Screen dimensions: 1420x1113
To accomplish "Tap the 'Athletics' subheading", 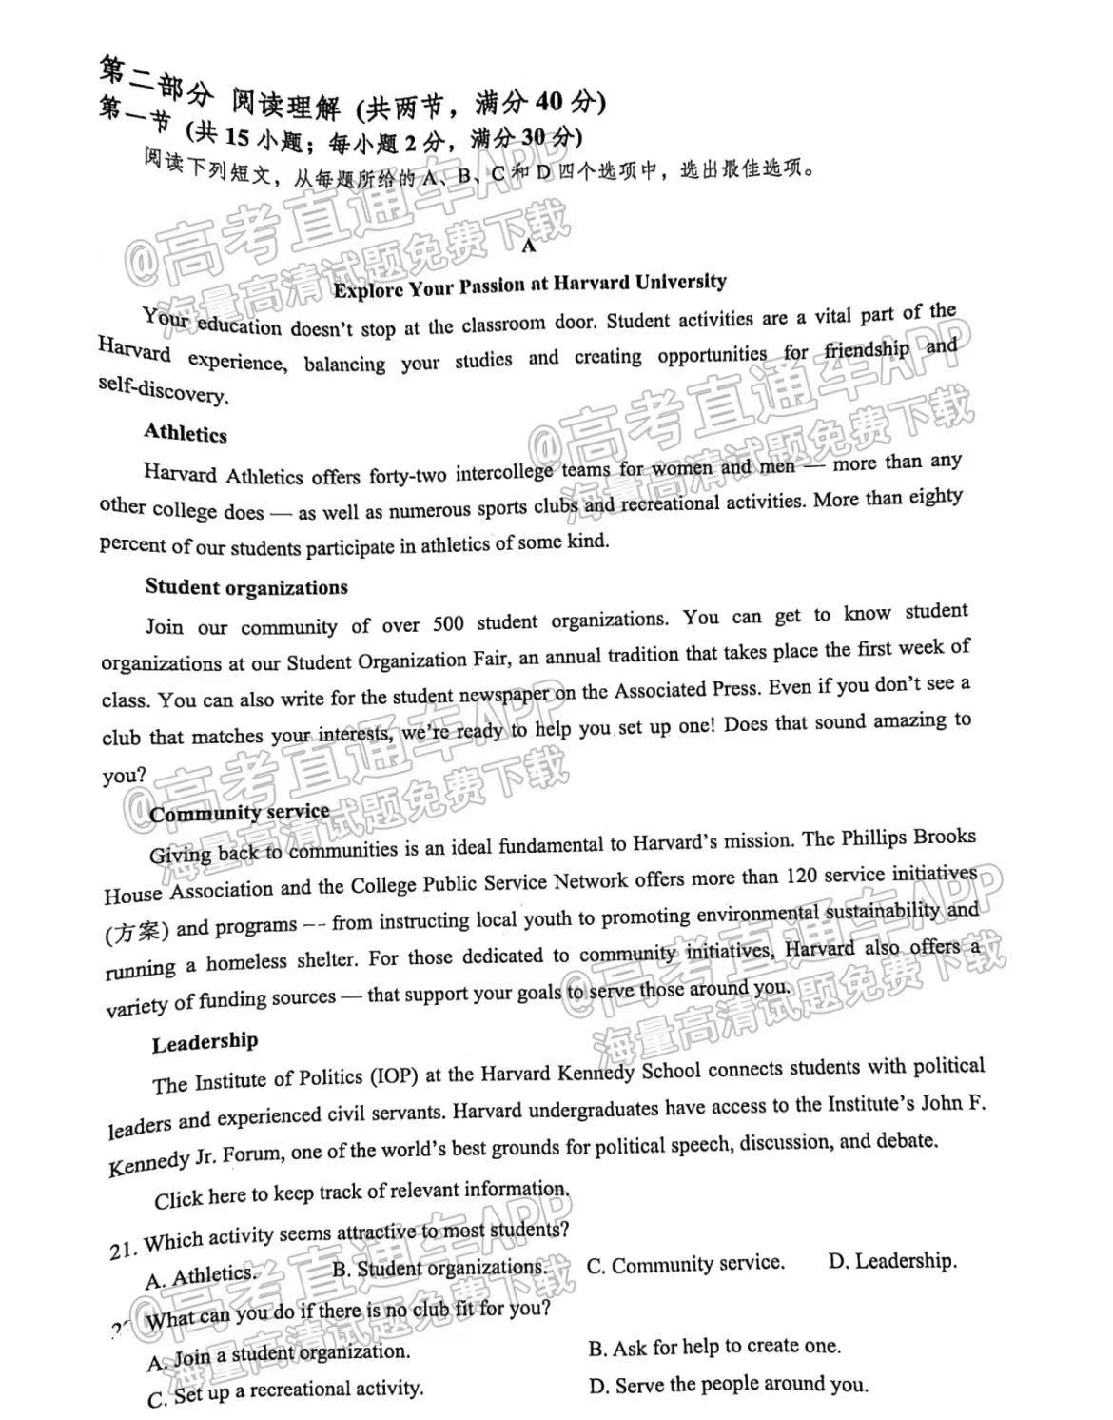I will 185,434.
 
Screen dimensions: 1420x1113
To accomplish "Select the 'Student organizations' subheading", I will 246,587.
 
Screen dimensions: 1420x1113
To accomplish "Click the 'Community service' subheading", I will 240,813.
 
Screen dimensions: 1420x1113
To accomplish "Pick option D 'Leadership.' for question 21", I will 892,1262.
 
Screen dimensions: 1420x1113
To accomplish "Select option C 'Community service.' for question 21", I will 685,1265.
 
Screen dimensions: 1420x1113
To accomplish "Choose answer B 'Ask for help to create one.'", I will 714,1347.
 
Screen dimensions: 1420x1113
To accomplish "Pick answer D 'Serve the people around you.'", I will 729,1385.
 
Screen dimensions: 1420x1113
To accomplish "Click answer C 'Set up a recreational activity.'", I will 285,1392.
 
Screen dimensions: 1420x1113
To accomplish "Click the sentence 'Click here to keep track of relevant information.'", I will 362,1193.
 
